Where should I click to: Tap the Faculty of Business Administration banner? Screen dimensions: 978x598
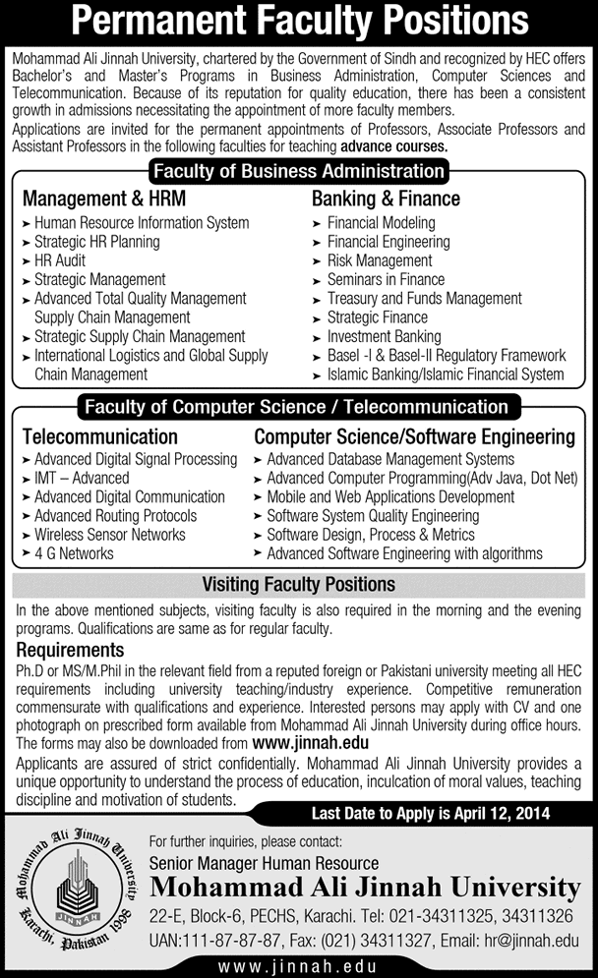point(299,170)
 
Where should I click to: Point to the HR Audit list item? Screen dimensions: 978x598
point(60,260)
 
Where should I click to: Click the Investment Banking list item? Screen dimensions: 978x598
point(384,336)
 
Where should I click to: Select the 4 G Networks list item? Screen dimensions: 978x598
point(74,553)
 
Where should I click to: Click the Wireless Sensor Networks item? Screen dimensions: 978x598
point(109,535)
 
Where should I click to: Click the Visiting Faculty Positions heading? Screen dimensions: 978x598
point(298,585)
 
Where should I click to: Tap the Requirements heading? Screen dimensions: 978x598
point(70,650)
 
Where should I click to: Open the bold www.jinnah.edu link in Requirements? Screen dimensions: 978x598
point(310,743)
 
